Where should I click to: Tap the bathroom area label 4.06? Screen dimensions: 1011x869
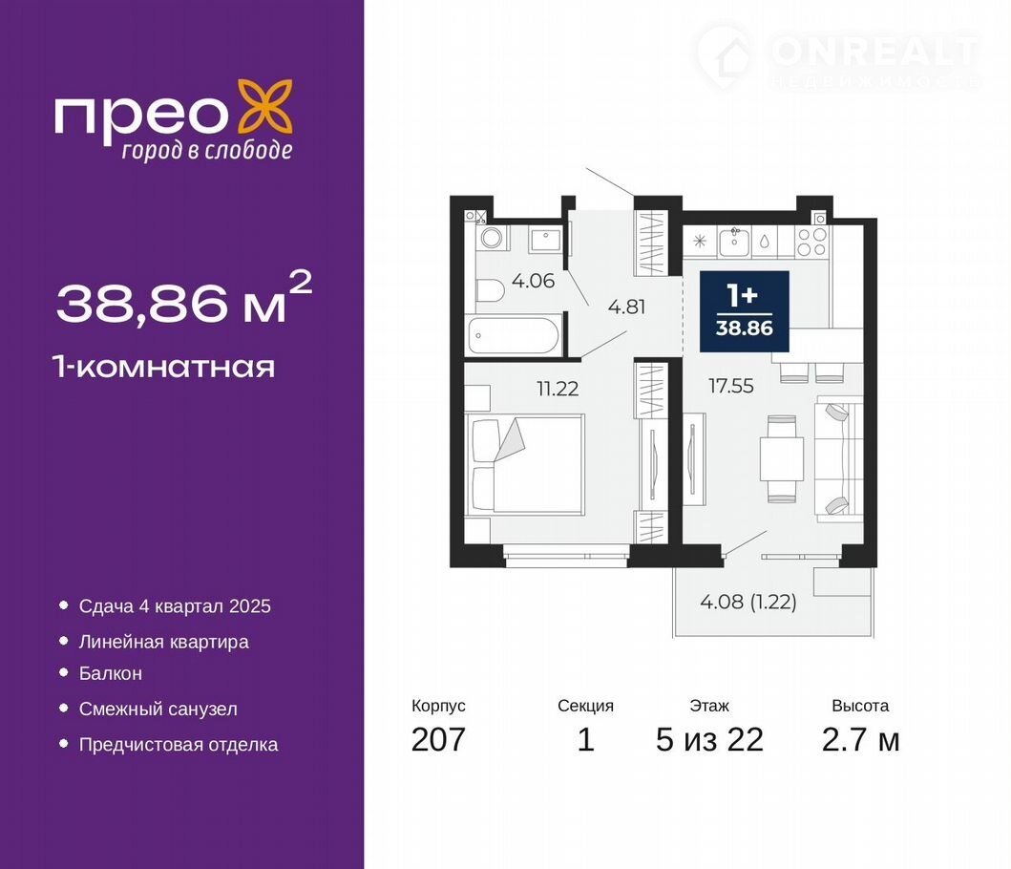pyautogui.click(x=533, y=281)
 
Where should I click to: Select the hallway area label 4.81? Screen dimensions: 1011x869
pyautogui.click(x=626, y=307)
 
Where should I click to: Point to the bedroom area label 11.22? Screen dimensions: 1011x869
pyautogui.click(x=558, y=389)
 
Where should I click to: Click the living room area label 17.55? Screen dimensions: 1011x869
pyautogui.click(x=730, y=386)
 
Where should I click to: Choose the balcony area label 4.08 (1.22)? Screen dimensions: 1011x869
pyautogui.click(x=748, y=602)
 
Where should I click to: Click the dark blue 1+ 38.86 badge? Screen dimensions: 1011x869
pyautogui.click(x=745, y=311)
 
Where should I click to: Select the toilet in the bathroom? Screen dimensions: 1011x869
pyautogui.click(x=490, y=291)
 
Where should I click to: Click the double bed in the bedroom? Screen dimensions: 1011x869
pyautogui.click(x=527, y=464)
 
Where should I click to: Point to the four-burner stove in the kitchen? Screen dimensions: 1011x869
pyautogui.click(x=811, y=242)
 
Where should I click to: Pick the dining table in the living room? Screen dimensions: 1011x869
pyautogui.click(x=782, y=458)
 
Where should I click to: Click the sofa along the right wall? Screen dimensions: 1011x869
pyautogui.click(x=838, y=458)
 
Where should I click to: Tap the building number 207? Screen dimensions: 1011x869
pyautogui.click(x=438, y=739)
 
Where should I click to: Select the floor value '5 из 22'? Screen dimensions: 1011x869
pyautogui.click(x=709, y=739)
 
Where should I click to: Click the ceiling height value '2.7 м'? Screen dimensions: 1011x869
pyautogui.click(x=860, y=739)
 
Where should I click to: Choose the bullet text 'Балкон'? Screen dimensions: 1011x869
pyautogui.click(x=110, y=673)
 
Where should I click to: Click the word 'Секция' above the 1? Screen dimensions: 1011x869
pyautogui.click(x=585, y=706)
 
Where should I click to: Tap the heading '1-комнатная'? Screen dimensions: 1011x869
pyautogui.click(x=165, y=367)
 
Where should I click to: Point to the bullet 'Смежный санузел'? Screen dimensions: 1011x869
pyautogui.click(x=158, y=709)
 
